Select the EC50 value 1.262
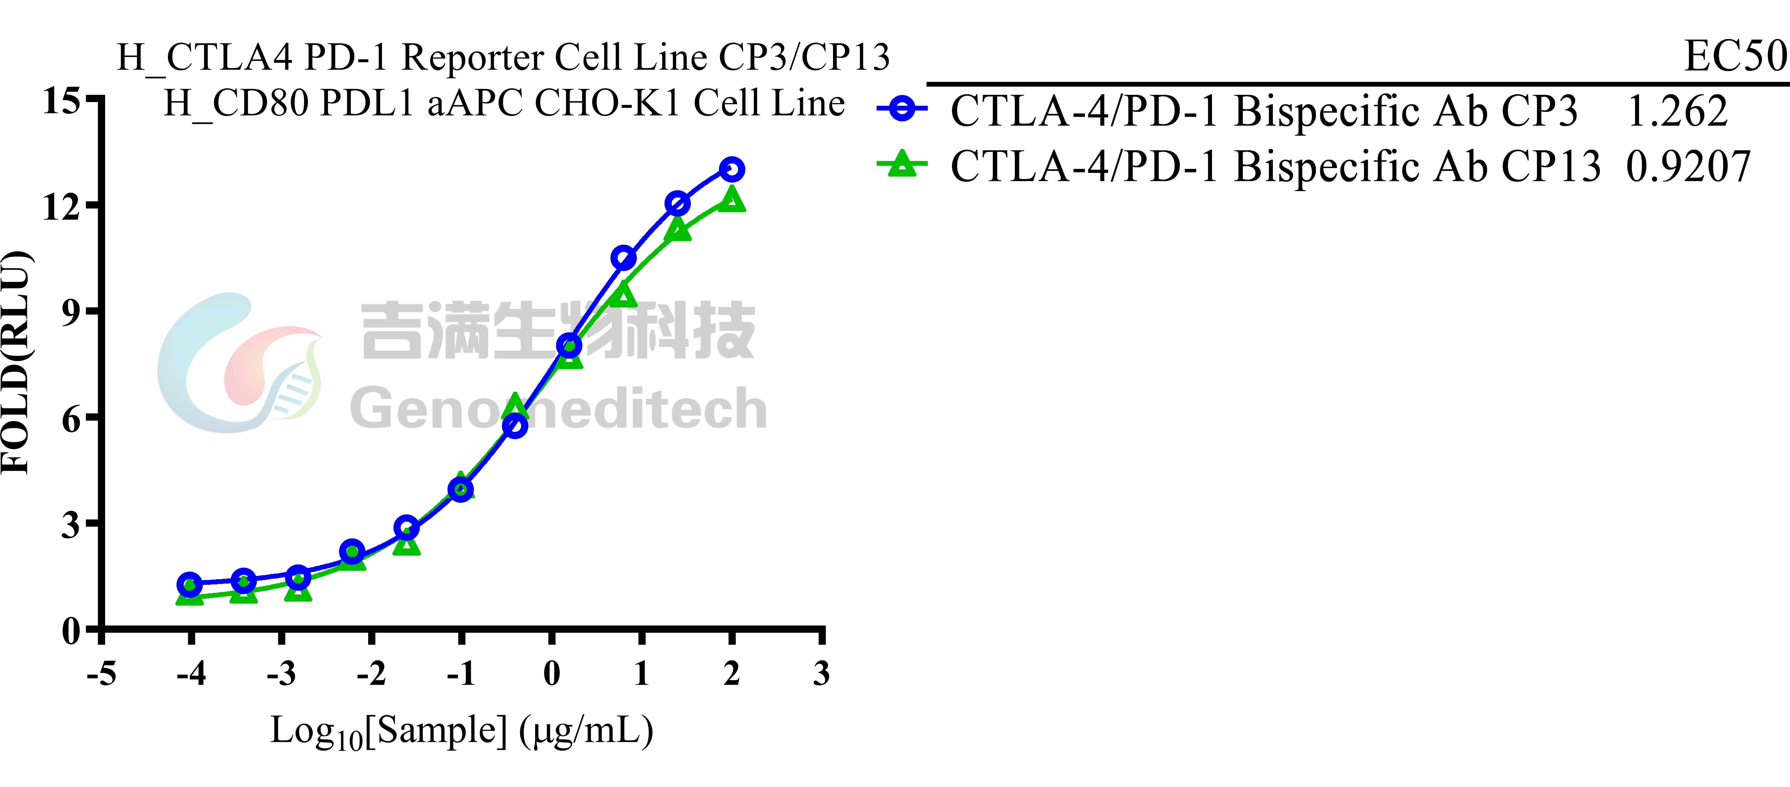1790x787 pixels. click(1677, 111)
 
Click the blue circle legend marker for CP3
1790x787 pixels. click(902, 109)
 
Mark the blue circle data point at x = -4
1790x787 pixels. click(190, 584)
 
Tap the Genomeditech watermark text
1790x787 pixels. click(558, 408)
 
